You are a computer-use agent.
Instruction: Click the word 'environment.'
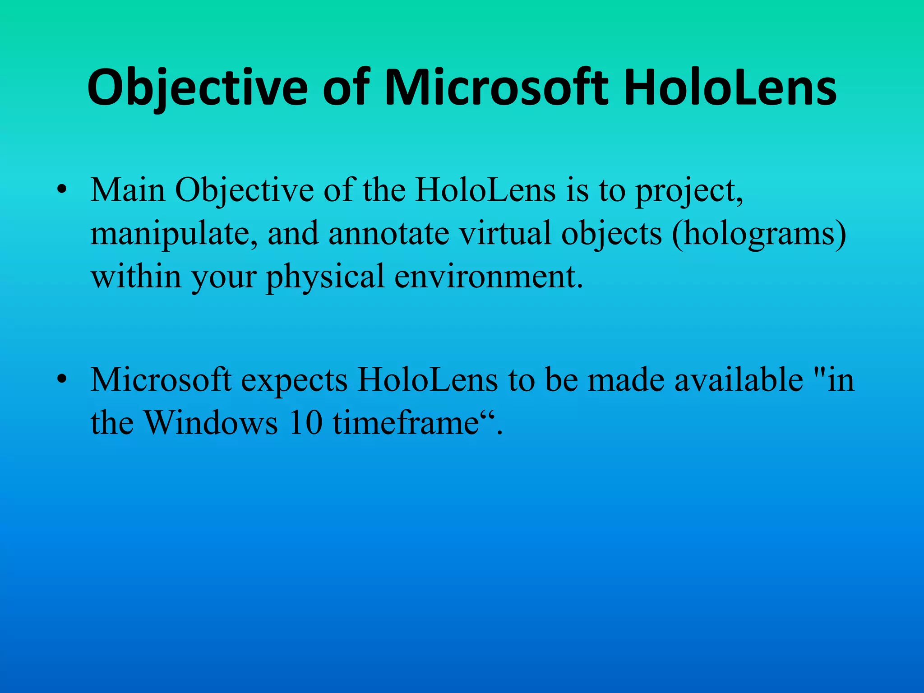(x=489, y=277)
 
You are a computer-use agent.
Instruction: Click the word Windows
(x=211, y=423)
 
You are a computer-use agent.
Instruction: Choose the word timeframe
(x=406, y=423)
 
